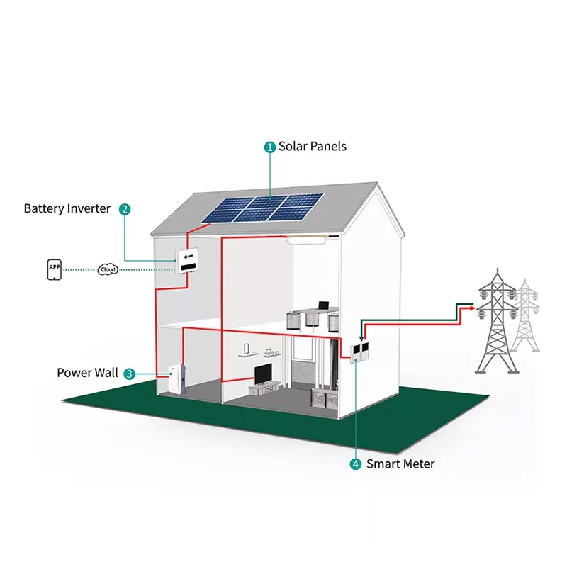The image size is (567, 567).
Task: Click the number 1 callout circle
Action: click(270, 147)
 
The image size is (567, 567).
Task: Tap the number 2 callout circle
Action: click(125, 208)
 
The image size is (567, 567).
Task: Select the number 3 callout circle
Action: click(129, 374)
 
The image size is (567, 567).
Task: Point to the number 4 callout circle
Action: click(356, 464)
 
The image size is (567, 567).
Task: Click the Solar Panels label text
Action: click(313, 147)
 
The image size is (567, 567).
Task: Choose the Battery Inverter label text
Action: click(67, 208)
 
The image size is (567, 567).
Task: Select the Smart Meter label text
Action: click(400, 464)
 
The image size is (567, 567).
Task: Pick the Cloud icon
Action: click(108, 270)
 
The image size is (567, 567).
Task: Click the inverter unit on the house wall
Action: click(188, 262)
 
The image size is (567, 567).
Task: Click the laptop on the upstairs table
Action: click(323, 306)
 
